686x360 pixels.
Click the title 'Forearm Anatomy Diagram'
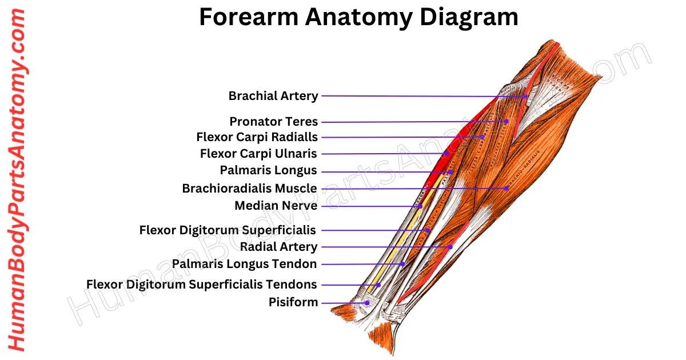tap(358, 18)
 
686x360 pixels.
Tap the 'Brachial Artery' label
tap(273, 96)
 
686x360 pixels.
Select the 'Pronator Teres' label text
tap(273, 122)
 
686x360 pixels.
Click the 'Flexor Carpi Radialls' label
tap(257, 137)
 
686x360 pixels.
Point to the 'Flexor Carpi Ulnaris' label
tap(258, 154)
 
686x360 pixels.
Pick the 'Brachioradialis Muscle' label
tap(249, 188)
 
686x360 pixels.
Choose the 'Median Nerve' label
tap(276, 205)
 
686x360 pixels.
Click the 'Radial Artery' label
tap(278, 247)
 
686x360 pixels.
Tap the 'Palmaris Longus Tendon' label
tap(245, 264)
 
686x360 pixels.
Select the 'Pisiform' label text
tap(293, 302)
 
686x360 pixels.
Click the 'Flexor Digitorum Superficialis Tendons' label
tap(201, 284)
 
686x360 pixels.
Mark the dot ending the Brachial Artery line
tap(526, 97)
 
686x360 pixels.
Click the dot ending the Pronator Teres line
tap(506, 121)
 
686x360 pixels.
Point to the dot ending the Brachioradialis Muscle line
tap(507, 188)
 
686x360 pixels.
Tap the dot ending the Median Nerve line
tap(420, 206)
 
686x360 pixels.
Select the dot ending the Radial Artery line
tap(451, 247)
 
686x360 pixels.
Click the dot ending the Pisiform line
tap(367, 303)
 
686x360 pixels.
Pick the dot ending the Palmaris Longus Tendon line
tap(404, 264)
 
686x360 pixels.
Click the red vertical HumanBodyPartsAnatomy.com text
tap(17, 180)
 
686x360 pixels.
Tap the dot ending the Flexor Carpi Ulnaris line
tap(446, 154)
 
